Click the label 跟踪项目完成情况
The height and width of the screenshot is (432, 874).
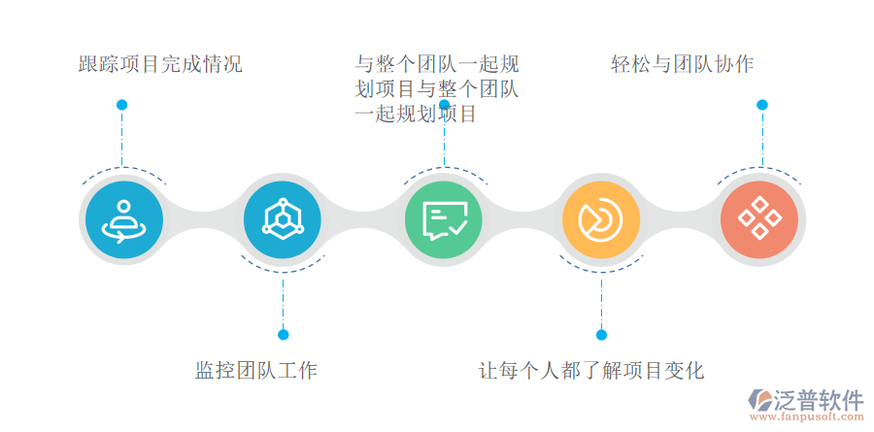click(x=160, y=65)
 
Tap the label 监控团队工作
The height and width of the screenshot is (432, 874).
click(x=256, y=370)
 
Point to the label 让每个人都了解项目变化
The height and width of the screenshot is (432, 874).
click(x=591, y=370)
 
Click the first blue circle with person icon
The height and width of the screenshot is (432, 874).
click(x=122, y=220)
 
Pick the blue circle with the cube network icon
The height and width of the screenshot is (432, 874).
click(x=283, y=220)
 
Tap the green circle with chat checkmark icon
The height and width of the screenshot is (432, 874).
click(x=444, y=220)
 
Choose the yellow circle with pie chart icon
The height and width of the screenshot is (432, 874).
click(x=601, y=220)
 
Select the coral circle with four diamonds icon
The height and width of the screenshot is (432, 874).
click(x=760, y=220)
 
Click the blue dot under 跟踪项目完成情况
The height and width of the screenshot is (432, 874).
click(x=121, y=105)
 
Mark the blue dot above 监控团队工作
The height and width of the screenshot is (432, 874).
click(x=284, y=335)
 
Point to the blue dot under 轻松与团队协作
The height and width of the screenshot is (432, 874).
click(x=762, y=105)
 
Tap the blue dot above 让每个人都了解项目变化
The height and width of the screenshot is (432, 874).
click(x=601, y=335)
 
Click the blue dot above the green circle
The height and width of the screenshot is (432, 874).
click(x=444, y=105)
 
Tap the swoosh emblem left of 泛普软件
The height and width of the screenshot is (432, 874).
click(x=758, y=401)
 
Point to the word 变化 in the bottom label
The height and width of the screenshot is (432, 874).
click(x=685, y=370)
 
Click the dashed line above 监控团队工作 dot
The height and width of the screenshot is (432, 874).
click(x=284, y=301)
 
